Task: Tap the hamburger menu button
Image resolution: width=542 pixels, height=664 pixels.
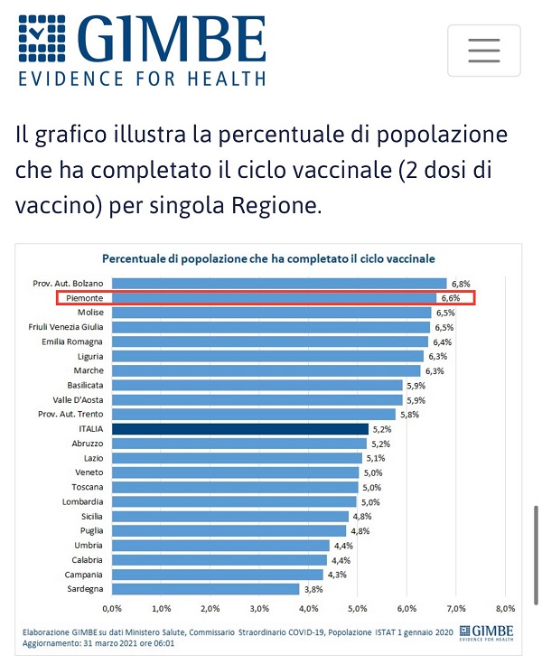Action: click(483, 51)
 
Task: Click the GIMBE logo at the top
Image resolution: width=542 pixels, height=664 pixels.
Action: click(142, 50)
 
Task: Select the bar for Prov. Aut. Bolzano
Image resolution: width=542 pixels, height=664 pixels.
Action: click(280, 284)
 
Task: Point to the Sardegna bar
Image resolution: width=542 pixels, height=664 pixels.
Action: click(208, 589)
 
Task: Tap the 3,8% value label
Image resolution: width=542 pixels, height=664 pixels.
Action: click(314, 589)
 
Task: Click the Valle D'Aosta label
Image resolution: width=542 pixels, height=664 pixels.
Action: click(78, 400)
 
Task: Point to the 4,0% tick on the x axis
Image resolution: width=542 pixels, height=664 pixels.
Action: click(309, 608)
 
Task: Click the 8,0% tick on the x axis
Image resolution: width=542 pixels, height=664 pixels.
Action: click(504, 608)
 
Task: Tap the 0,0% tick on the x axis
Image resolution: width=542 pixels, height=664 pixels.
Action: click(114, 608)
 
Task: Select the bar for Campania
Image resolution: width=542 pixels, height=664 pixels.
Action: click(219, 575)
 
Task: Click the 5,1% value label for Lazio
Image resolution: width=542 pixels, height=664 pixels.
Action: click(375, 458)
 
